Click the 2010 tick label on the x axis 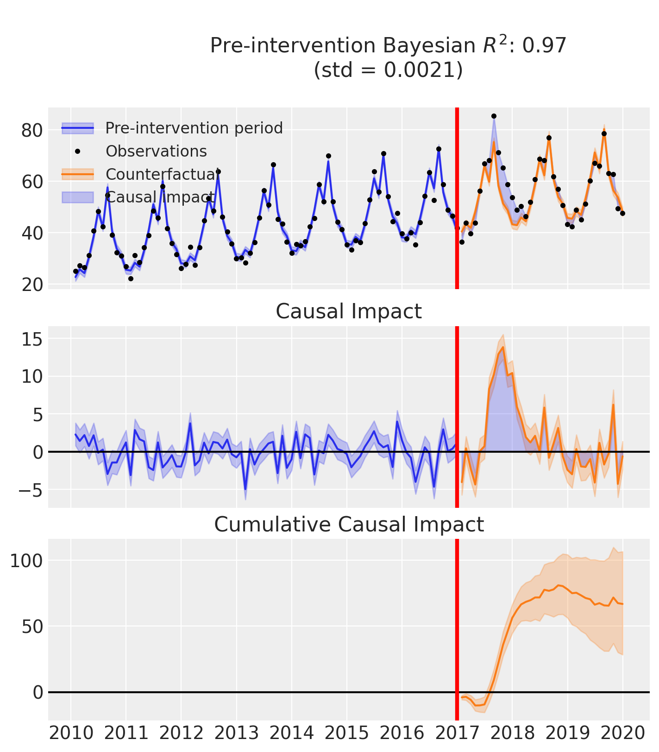[x=71, y=733]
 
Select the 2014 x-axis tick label [x=291, y=733]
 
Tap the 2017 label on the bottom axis [x=457, y=733]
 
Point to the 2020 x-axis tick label [x=622, y=733]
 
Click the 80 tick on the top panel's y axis [x=32, y=130]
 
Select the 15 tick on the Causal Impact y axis [x=32, y=340]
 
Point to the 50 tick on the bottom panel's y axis [x=32, y=626]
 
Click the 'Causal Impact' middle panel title [x=349, y=311]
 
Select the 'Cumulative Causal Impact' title [x=349, y=525]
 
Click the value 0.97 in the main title [x=548, y=46]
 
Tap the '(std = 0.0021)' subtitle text [x=388, y=70]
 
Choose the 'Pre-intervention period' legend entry [x=194, y=128]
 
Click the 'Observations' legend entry [x=156, y=151]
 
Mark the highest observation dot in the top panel [x=494, y=116]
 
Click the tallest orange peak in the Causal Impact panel [x=503, y=347]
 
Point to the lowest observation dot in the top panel [x=131, y=278]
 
